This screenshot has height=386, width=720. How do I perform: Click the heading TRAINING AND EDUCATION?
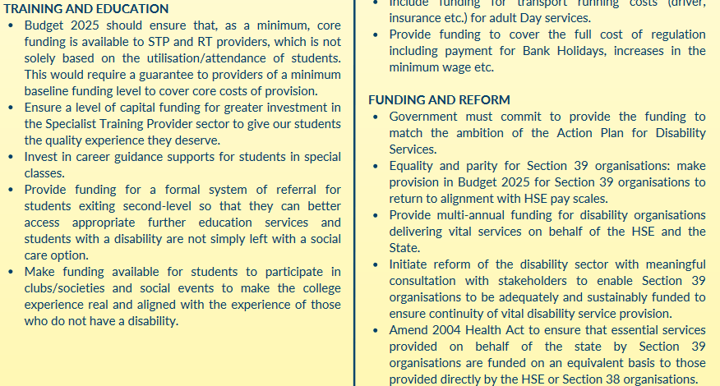[x=86, y=9]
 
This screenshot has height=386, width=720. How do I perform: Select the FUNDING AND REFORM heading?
[x=439, y=100]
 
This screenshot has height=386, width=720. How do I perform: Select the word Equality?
[x=415, y=166]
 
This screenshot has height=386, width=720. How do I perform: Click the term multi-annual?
[x=473, y=215]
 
